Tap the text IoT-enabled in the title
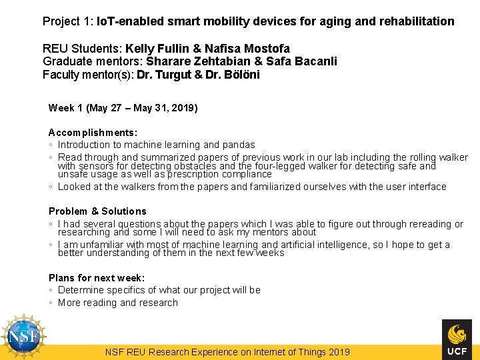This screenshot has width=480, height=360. tap(127, 21)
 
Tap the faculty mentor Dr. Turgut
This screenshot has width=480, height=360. tap(162, 74)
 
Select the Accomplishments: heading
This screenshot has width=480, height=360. tap(93, 133)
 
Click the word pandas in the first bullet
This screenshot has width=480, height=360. tap(238, 145)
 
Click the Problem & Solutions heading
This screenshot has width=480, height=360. tap(97, 211)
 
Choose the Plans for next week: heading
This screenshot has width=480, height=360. tap(97, 278)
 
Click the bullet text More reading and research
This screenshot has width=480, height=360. tap(118, 303)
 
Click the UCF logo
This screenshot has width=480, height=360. tap(457, 338)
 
